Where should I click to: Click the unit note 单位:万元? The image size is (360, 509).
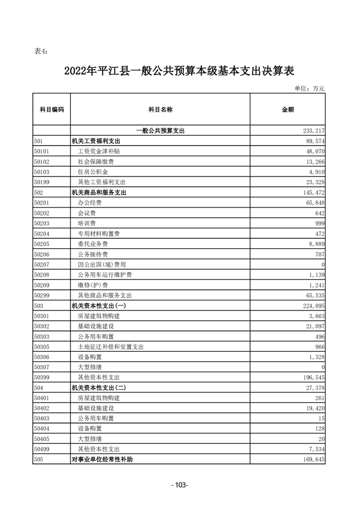pyautogui.click(x=310, y=88)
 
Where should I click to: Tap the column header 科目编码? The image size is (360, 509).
pyautogui.click(x=52, y=109)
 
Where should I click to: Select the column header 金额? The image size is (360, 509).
pyautogui.click(x=288, y=109)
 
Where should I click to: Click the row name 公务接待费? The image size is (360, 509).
pyautogui.click(x=92, y=254)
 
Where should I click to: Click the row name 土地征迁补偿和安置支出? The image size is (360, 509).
pyautogui.click(x=110, y=346)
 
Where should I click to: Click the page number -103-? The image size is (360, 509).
pyautogui.click(x=179, y=485)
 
